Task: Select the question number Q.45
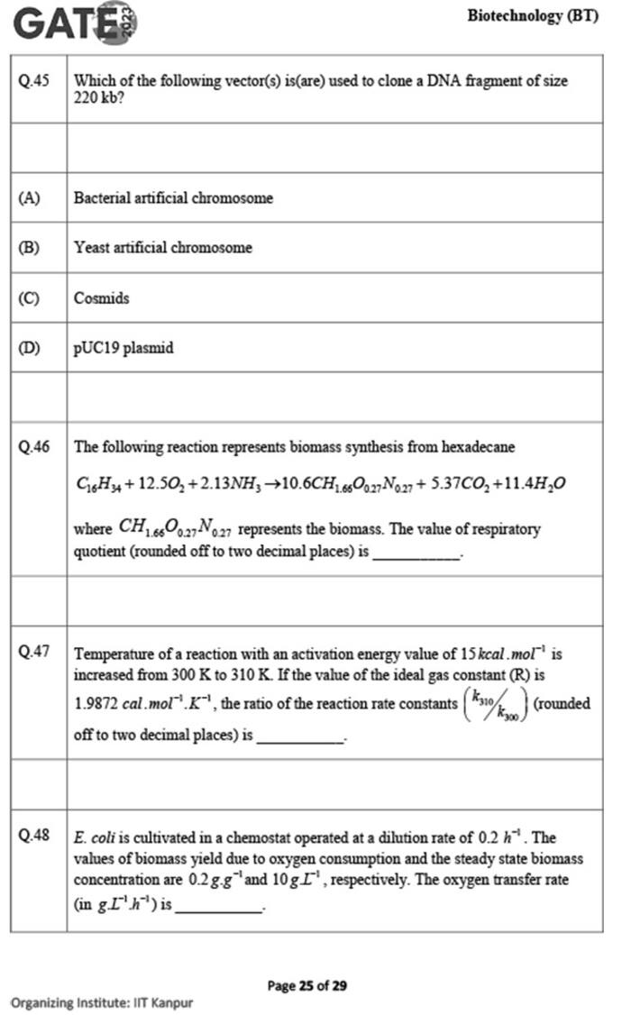pyautogui.click(x=34, y=80)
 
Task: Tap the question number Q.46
pyautogui.click(x=34, y=446)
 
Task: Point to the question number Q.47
pyautogui.click(x=34, y=652)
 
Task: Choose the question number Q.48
pyautogui.click(x=34, y=836)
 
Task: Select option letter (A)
pyautogui.click(x=29, y=197)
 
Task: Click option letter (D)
pyautogui.click(x=29, y=348)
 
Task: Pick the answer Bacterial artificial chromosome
pyautogui.click(x=173, y=197)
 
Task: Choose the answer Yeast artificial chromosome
pyautogui.click(x=163, y=247)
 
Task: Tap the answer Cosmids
pyautogui.click(x=101, y=297)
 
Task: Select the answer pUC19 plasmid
pyautogui.click(x=123, y=348)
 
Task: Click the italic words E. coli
pyautogui.click(x=96, y=836)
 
